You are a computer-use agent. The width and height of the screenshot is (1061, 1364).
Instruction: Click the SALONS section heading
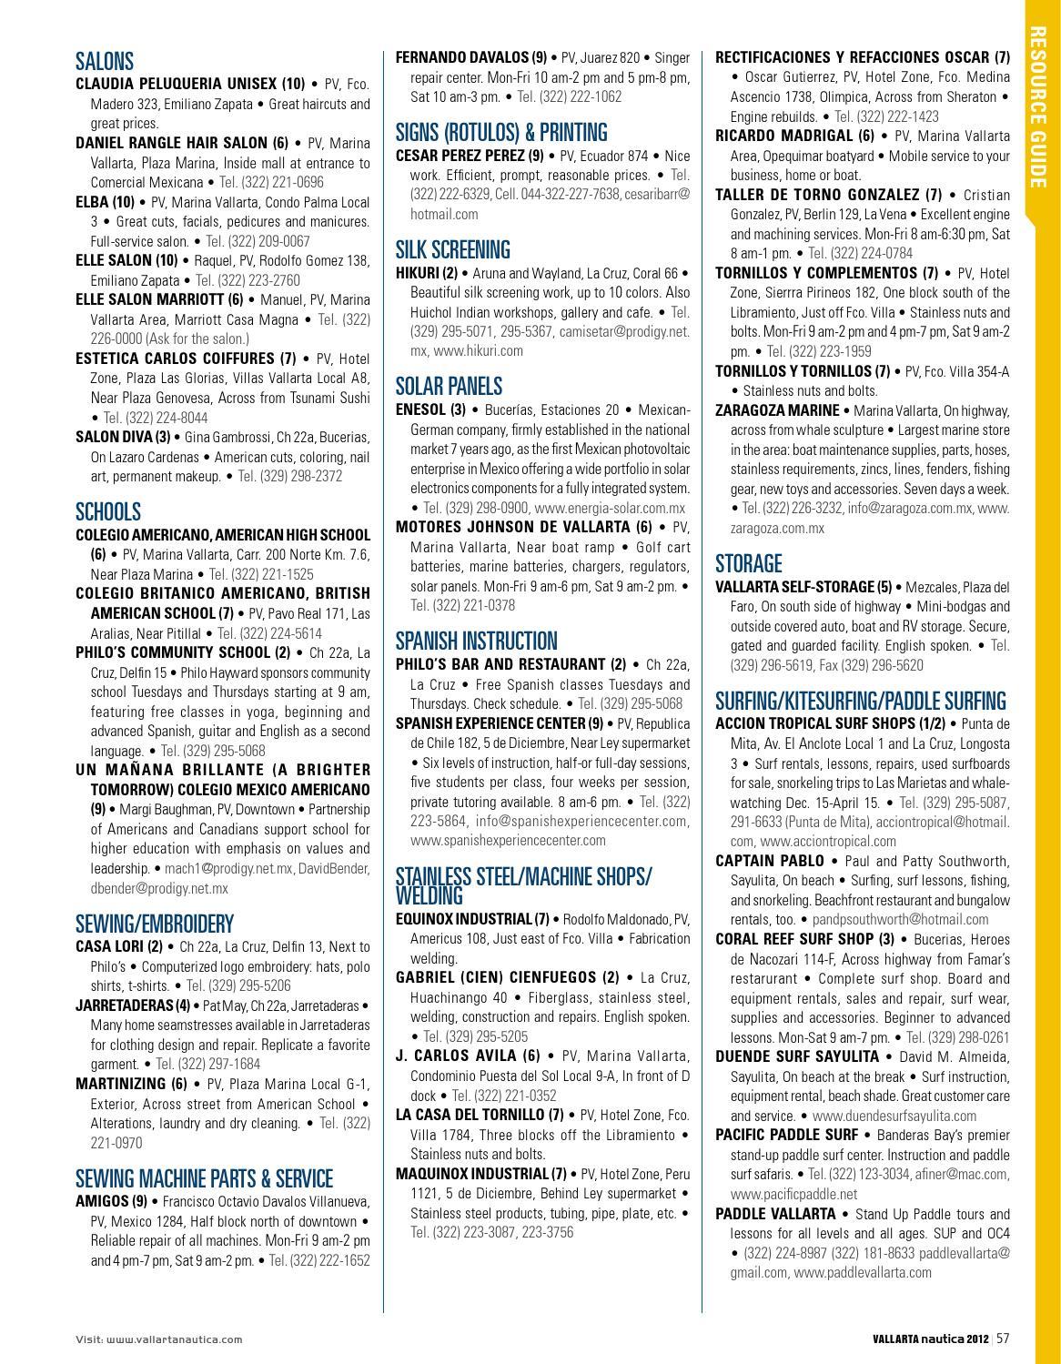pos(105,62)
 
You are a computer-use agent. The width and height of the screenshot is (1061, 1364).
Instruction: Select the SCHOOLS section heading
pos(108,511)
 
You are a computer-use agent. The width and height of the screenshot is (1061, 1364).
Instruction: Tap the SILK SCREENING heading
pos(452,249)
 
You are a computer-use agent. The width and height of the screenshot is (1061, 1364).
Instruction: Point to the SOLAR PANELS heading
pos(449,386)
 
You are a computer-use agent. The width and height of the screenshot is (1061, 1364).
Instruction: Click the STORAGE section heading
pos(748,563)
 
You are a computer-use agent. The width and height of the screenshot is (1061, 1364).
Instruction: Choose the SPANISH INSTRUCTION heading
pos(476,641)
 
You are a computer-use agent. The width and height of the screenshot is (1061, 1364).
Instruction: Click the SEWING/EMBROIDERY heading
pos(154,924)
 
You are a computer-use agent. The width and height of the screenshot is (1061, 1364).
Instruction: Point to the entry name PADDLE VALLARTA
pos(775,1214)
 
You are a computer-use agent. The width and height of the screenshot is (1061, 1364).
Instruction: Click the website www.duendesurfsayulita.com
pos(894,1116)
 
